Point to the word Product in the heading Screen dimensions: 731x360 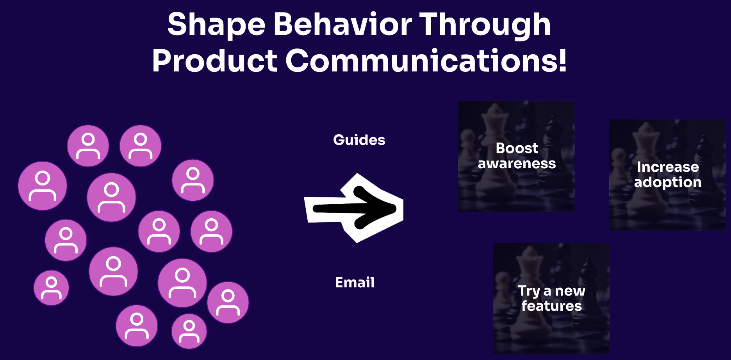point(215,61)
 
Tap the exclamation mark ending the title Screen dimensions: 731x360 point(562,61)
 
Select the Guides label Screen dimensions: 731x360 point(359,140)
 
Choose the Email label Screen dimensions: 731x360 point(355,282)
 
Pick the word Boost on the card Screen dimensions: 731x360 point(517,148)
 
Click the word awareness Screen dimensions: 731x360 point(517,164)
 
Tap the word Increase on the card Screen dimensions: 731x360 point(668,167)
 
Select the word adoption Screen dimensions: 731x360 point(668,182)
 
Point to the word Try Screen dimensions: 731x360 point(529,291)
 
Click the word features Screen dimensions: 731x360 point(552,306)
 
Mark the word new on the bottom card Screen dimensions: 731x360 point(570,291)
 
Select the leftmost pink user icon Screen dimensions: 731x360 point(43,186)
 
